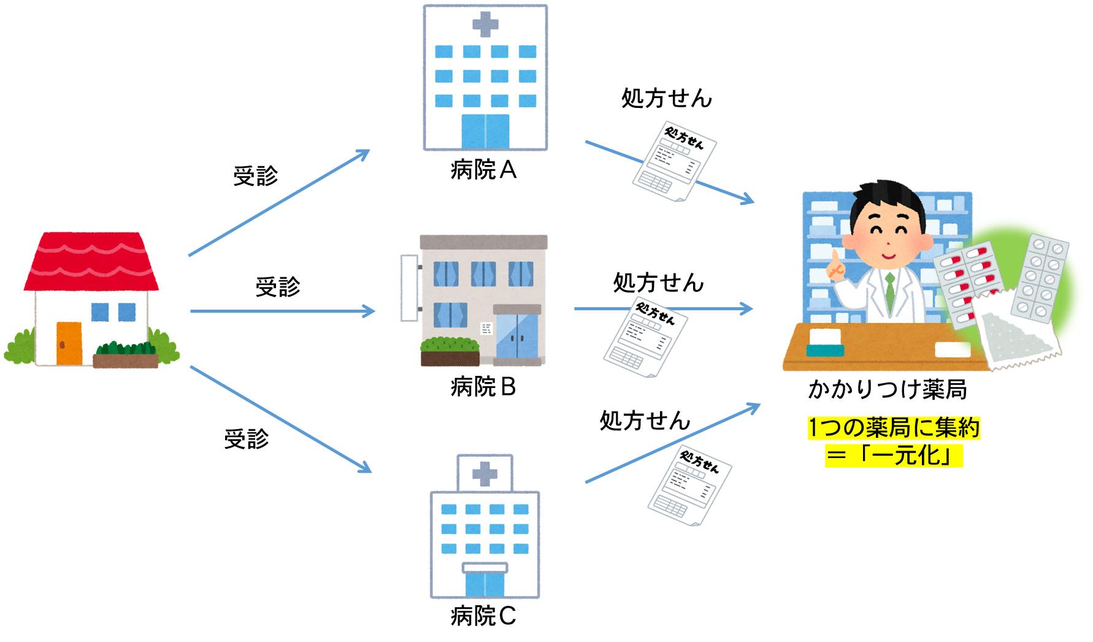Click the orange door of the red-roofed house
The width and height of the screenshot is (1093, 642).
69,343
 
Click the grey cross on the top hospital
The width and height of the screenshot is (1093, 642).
485,25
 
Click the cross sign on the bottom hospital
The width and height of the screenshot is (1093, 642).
485,474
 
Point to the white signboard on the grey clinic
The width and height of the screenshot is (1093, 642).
409,288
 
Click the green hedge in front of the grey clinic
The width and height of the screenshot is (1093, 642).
450,345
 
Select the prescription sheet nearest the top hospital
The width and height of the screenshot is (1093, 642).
675,161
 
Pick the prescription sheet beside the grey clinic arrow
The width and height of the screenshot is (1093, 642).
646,336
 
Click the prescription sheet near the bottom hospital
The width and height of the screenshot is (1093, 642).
690,485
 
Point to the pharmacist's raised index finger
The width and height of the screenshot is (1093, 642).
834,257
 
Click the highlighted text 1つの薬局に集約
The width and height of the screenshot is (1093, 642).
894,428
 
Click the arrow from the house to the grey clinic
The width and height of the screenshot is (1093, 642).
282,311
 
